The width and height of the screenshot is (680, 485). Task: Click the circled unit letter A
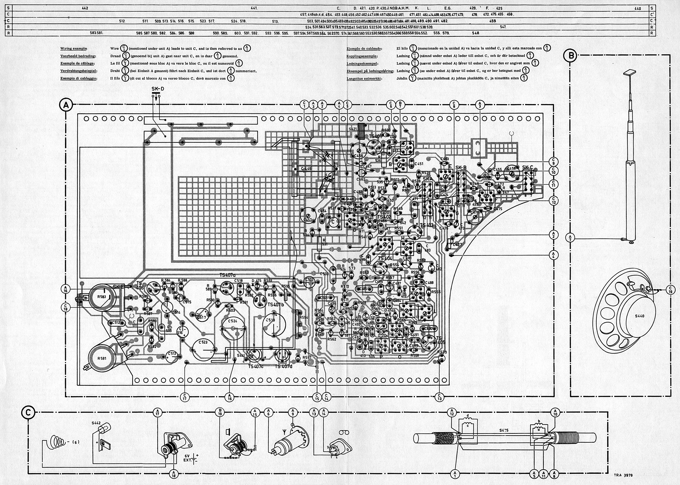[66, 105]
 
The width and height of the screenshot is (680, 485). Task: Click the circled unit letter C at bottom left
[28, 413]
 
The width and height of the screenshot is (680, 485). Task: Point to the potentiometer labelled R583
[102, 297]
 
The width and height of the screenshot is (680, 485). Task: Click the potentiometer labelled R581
[102, 358]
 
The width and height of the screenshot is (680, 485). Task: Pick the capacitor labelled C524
[232, 321]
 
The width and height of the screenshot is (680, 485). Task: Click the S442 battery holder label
[98, 423]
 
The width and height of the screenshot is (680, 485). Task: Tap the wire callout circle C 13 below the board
[439, 397]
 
